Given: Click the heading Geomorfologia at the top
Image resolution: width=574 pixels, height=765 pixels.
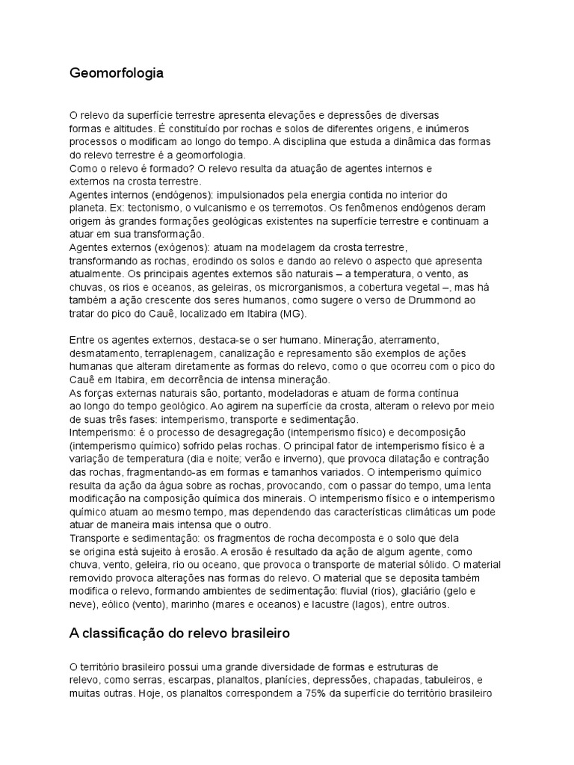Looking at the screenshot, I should point(116,73).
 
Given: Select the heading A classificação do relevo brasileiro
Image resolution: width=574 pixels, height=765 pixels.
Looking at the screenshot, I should point(179,634).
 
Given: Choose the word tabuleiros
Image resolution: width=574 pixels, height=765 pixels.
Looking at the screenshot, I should point(449,680).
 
